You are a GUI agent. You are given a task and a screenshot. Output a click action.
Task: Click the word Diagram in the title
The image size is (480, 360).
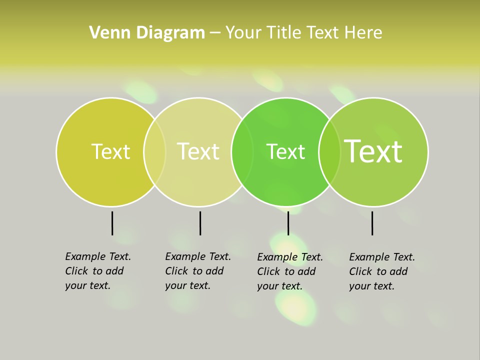pyautogui.click(x=170, y=33)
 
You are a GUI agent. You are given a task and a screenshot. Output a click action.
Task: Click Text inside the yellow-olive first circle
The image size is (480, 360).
pyautogui.click(x=110, y=151)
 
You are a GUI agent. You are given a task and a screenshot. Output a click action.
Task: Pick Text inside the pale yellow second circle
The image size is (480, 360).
pyautogui.click(x=198, y=151)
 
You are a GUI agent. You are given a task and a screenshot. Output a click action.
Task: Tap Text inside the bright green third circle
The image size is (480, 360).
pyautogui.click(x=285, y=152)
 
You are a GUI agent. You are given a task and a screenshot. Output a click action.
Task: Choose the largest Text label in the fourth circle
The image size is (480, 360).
pyautogui.click(x=373, y=151)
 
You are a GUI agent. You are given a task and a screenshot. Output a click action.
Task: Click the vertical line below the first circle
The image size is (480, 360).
pyautogui.click(x=112, y=223)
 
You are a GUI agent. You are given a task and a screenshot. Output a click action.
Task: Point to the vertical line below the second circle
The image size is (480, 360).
pyautogui.click(x=200, y=223)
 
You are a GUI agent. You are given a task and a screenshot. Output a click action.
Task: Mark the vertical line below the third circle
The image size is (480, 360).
pyautogui.click(x=288, y=223)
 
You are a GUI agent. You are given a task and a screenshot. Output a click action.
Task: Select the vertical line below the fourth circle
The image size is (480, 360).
pyautogui.click(x=372, y=223)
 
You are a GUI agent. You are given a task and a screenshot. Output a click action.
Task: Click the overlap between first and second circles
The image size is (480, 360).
pyautogui.click(x=154, y=152)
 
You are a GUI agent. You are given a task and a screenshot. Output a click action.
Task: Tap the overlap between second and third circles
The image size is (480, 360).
pyautogui.click(x=242, y=152)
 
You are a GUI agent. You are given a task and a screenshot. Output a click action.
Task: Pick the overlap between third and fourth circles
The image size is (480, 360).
pyautogui.click(x=329, y=152)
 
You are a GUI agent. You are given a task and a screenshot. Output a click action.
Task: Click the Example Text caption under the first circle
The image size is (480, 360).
pyautogui.click(x=97, y=271)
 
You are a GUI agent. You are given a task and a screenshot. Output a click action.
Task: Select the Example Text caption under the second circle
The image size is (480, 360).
pyautogui.click(x=197, y=271)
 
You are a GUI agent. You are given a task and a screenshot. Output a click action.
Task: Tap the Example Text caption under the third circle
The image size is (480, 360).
pyautogui.click(x=289, y=271)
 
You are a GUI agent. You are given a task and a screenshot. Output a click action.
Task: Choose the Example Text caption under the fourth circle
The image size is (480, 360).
pyautogui.click(x=381, y=271)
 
